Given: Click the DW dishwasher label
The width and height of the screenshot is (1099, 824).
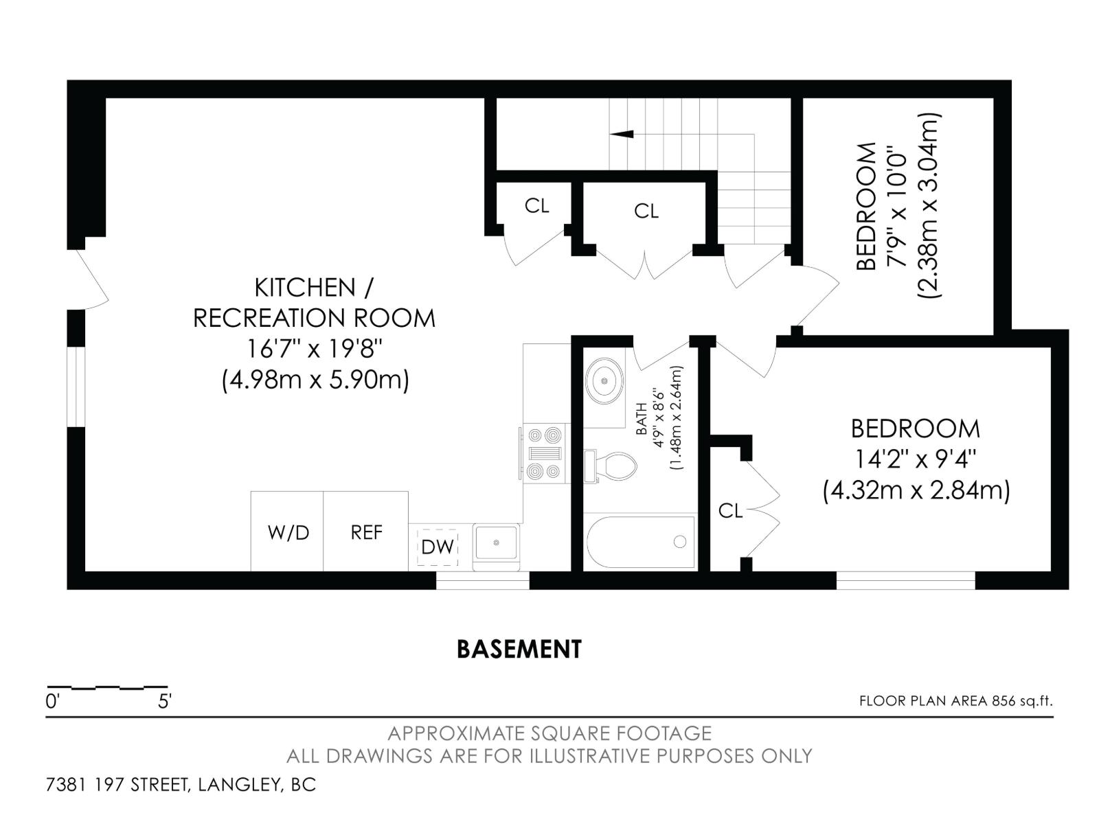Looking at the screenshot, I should [x=438, y=547].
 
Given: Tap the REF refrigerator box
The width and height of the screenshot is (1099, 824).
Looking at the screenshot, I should [x=365, y=532].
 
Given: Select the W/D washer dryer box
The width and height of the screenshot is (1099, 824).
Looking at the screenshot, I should [x=288, y=532].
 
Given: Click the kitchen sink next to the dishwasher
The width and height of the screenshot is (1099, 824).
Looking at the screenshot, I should [x=495, y=542].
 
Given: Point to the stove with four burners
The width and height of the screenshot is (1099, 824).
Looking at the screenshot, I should [x=544, y=453].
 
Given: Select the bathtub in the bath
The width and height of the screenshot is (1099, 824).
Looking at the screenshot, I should [x=640, y=542].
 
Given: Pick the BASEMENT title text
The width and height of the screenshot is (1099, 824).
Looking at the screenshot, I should [x=519, y=649].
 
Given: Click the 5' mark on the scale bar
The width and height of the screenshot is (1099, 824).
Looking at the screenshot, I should [x=165, y=702].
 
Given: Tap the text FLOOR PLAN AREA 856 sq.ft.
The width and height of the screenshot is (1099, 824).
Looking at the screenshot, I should [x=955, y=701].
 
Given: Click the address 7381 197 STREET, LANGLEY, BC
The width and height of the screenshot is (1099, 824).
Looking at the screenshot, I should [x=181, y=784].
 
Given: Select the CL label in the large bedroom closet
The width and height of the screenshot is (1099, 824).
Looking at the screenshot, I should [x=730, y=510].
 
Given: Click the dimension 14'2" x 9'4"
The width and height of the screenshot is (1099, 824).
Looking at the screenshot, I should [x=916, y=459].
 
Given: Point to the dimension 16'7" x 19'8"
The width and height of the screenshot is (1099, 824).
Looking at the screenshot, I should [x=314, y=349].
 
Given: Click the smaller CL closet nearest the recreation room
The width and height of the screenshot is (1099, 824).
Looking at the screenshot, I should [x=536, y=205].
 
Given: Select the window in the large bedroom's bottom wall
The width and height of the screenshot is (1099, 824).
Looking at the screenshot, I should [x=905, y=580].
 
